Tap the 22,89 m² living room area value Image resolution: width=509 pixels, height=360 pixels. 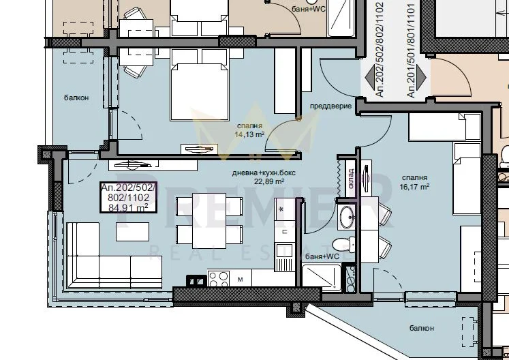click(269, 181)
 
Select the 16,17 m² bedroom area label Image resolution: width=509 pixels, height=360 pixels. click(414, 187)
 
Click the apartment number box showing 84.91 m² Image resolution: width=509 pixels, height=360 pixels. click(129, 198)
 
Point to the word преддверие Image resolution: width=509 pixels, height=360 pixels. click(330, 106)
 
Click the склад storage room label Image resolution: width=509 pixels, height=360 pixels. click(351, 178)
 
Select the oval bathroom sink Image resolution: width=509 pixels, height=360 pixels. click(347, 215)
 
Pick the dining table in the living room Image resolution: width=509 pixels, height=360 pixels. click(209, 221)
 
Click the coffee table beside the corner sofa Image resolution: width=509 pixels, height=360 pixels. click(132, 232)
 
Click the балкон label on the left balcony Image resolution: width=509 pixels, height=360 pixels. click(76, 97)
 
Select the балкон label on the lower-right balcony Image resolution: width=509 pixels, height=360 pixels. click(422, 328)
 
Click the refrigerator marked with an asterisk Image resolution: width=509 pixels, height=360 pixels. click(285, 209)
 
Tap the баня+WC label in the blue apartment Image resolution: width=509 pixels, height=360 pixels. click(322, 256)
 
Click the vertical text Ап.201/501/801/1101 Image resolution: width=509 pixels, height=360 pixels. click(411, 50)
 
